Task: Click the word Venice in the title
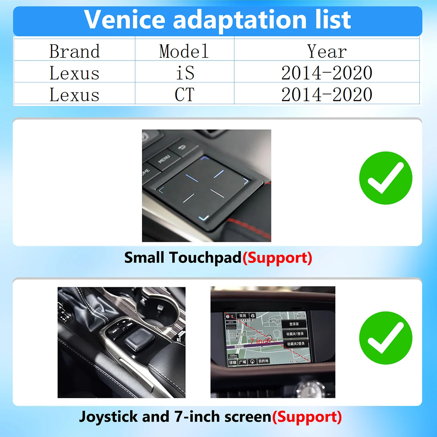(124, 19)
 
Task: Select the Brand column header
(74, 51)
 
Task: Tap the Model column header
(184, 51)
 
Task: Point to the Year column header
(327, 51)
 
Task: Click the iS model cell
(185, 73)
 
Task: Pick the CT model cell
(185, 94)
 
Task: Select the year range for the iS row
(327, 73)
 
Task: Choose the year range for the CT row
(327, 94)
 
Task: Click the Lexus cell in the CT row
(74, 94)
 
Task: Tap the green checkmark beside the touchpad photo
(386, 178)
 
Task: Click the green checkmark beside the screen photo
(386, 338)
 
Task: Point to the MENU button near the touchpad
(164, 159)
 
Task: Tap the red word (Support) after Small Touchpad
(277, 258)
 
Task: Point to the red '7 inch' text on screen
(260, 341)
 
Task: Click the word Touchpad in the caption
(205, 258)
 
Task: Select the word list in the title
(333, 19)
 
